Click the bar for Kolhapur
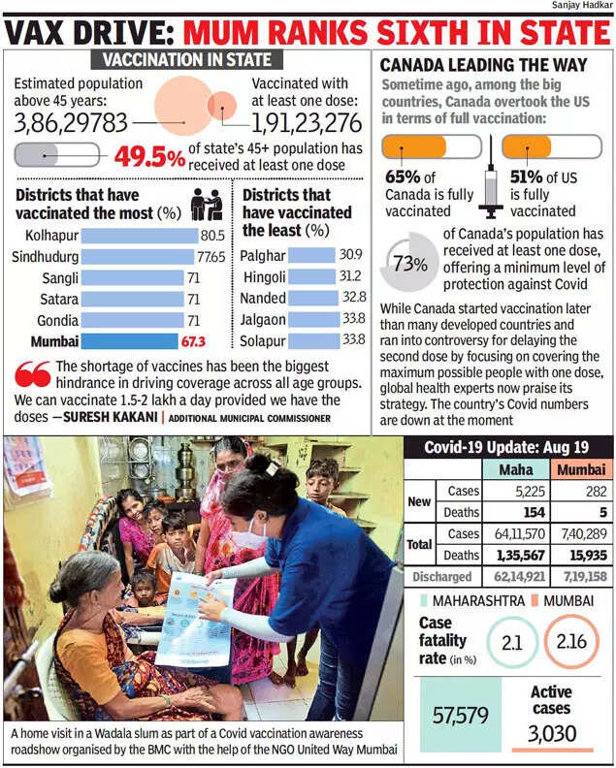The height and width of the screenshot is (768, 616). pyautogui.click(x=140, y=236)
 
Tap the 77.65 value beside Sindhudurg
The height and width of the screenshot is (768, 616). pyautogui.click(x=211, y=257)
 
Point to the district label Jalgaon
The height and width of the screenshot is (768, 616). pyautogui.click(x=263, y=318)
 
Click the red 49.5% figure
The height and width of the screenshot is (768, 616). pyautogui.click(x=149, y=157)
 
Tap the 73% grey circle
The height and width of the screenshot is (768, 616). pyautogui.click(x=411, y=263)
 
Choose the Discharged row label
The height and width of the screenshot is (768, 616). pyautogui.click(x=441, y=577)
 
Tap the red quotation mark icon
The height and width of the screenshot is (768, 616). pyautogui.click(x=33, y=373)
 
